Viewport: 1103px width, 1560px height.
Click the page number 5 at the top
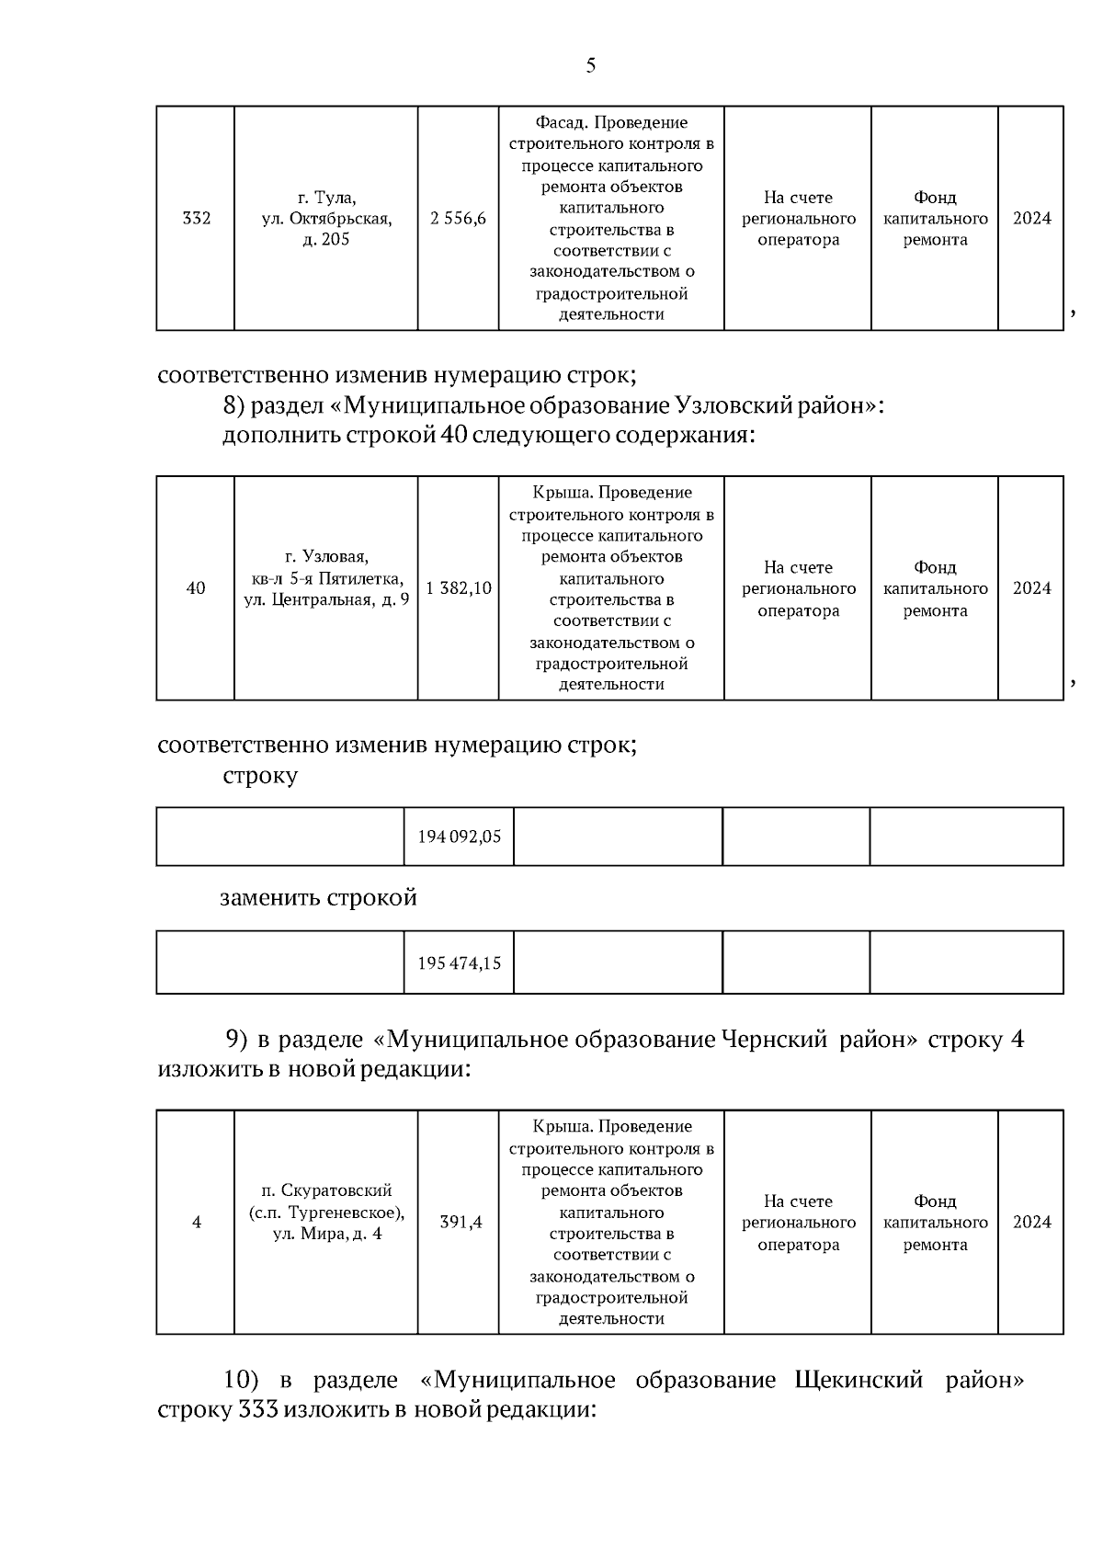pos(590,65)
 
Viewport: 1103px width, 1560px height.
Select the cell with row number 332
pos(196,219)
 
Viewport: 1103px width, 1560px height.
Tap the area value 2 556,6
pos(458,219)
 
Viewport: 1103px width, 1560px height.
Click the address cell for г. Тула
pos(326,219)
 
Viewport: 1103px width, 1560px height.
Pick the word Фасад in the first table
pos(559,123)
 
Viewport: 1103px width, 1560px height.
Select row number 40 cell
pos(196,588)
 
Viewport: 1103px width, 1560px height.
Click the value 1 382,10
pos(458,588)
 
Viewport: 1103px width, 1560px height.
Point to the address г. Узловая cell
pos(326,579)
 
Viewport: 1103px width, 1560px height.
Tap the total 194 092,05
pos(459,837)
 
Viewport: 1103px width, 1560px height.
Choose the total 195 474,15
pos(459,963)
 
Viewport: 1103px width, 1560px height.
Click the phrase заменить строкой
pos(318,897)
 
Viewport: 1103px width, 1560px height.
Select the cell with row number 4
pos(196,1223)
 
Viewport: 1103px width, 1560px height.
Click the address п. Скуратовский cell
pos(326,1213)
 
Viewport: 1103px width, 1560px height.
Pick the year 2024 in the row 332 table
pos(1031,219)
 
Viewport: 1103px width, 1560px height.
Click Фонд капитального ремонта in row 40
pos(935,588)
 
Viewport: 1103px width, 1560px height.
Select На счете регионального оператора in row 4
pos(798,1223)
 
